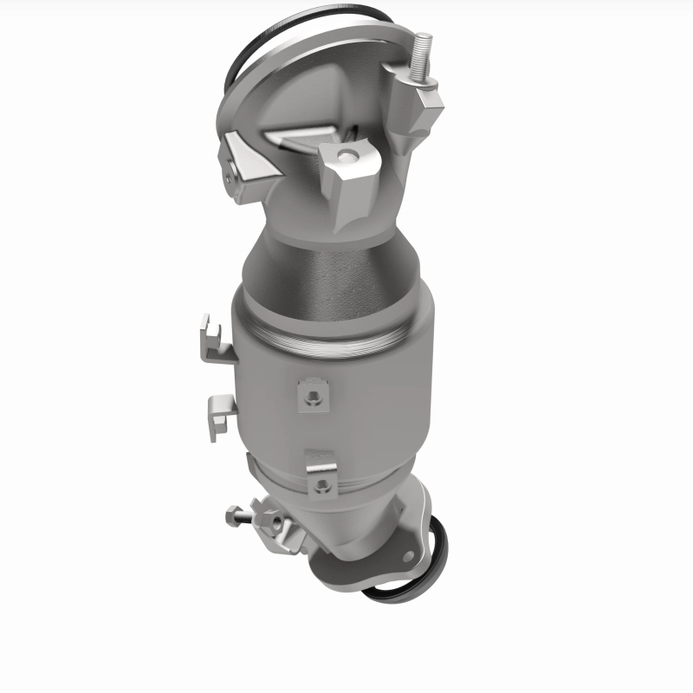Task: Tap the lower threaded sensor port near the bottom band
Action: pyautogui.click(x=322, y=482)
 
